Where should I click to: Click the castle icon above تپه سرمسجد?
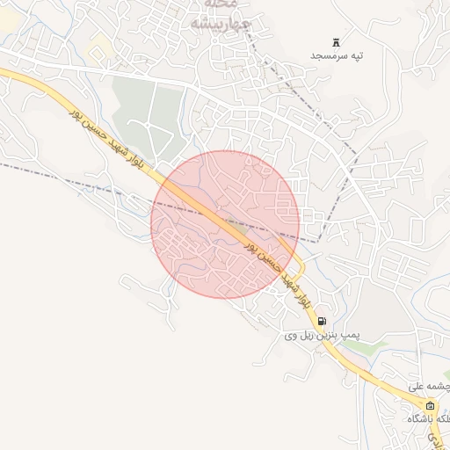[336, 41]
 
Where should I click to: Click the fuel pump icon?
[323, 321]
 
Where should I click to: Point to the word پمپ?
[352, 336]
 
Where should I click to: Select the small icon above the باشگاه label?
[430, 405]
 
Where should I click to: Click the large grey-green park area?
[149, 114]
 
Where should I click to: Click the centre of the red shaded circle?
[225, 223]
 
